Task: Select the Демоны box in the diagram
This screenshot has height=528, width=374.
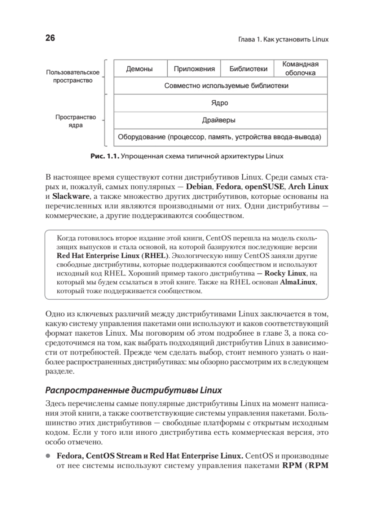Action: coord(140,69)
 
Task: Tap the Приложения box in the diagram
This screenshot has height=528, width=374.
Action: coord(194,69)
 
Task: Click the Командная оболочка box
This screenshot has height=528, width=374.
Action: coord(300,69)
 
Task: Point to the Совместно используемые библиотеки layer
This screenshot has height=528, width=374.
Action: coord(220,86)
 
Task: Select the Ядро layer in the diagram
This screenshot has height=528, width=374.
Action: coord(220,103)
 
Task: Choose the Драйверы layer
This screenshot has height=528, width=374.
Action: coord(220,120)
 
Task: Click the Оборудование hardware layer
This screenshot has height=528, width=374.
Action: coord(220,137)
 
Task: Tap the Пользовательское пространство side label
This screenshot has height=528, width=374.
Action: coord(73,77)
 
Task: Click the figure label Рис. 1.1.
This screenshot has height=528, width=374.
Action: coord(104,156)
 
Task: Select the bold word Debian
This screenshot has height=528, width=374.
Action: coord(201,187)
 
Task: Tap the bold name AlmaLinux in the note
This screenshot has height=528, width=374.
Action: coord(298,282)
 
